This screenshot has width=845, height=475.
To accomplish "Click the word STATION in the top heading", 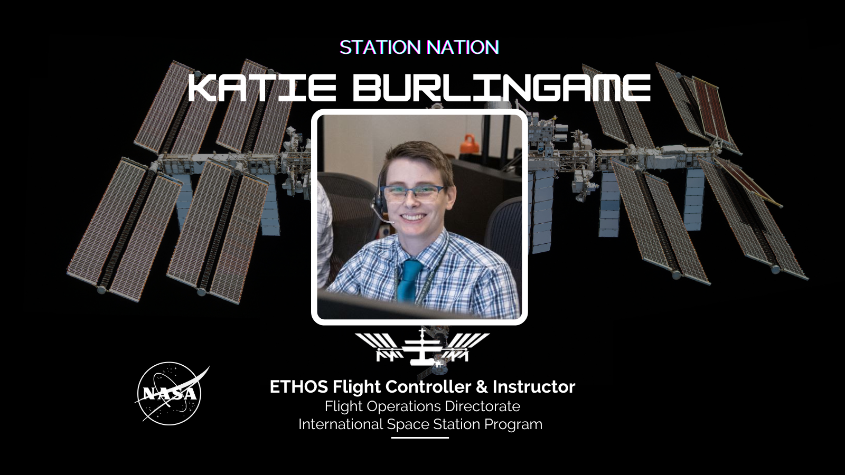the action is pyautogui.click(x=380, y=47).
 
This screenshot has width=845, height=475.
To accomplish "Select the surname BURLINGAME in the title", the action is pyautogui.click(x=502, y=88).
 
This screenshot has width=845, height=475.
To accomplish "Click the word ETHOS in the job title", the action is pyautogui.click(x=299, y=387).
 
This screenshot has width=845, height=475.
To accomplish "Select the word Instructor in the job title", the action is pyautogui.click(x=534, y=387).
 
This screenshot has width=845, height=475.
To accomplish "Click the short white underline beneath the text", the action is pyautogui.click(x=420, y=438).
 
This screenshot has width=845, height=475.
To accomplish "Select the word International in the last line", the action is pyautogui.click(x=341, y=424).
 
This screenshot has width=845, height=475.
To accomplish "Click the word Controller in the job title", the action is pyautogui.click(x=429, y=387).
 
